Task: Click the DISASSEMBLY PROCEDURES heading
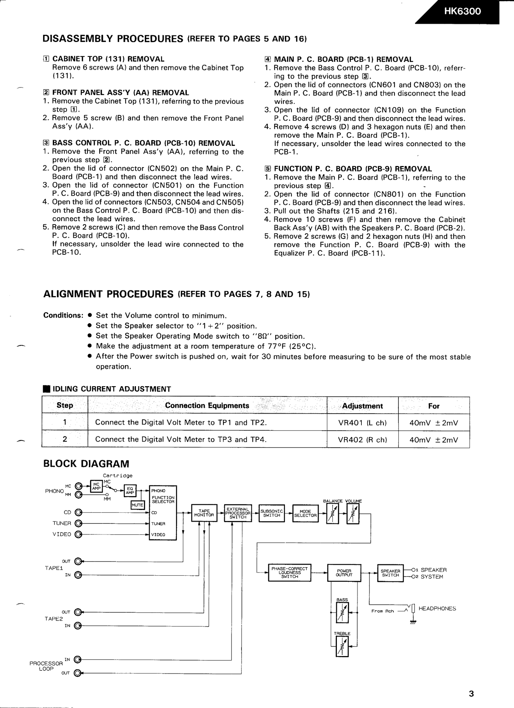(x=113, y=39)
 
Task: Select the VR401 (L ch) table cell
(x=362, y=423)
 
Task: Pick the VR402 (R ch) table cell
(x=362, y=440)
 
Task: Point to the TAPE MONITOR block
(x=204, y=513)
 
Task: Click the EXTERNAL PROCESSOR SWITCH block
(x=238, y=513)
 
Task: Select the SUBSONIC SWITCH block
(x=272, y=513)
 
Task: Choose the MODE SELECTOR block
(x=305, y=513)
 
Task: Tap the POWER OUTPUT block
(x=344, y=573)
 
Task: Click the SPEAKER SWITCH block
(x=390, y=573)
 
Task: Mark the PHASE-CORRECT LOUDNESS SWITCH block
(x=290, y=573)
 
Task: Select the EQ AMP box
(x=130, y=491)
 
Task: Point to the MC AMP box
(x=96, y=486)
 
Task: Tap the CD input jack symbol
(x=79, y=513)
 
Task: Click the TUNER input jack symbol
(x=79, y=523)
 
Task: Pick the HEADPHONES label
(x=437, y=608)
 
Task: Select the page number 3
(x=471, y=694)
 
